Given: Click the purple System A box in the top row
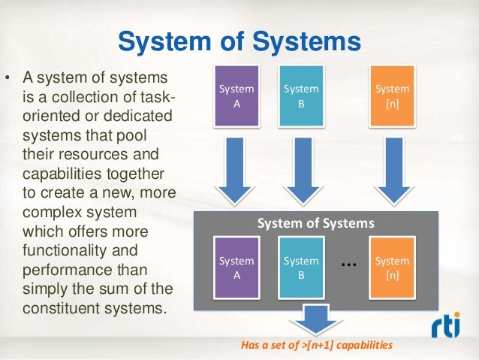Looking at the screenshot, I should [x=236, y=96].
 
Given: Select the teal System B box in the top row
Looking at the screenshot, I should [x=300, y=96].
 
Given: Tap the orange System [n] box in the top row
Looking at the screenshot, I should [x=392, y=96].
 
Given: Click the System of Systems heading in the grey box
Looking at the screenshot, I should [x=315, y=223].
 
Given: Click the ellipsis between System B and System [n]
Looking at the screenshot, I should [x=347, y=265].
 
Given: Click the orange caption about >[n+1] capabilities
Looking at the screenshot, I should [x=316, y=346].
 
